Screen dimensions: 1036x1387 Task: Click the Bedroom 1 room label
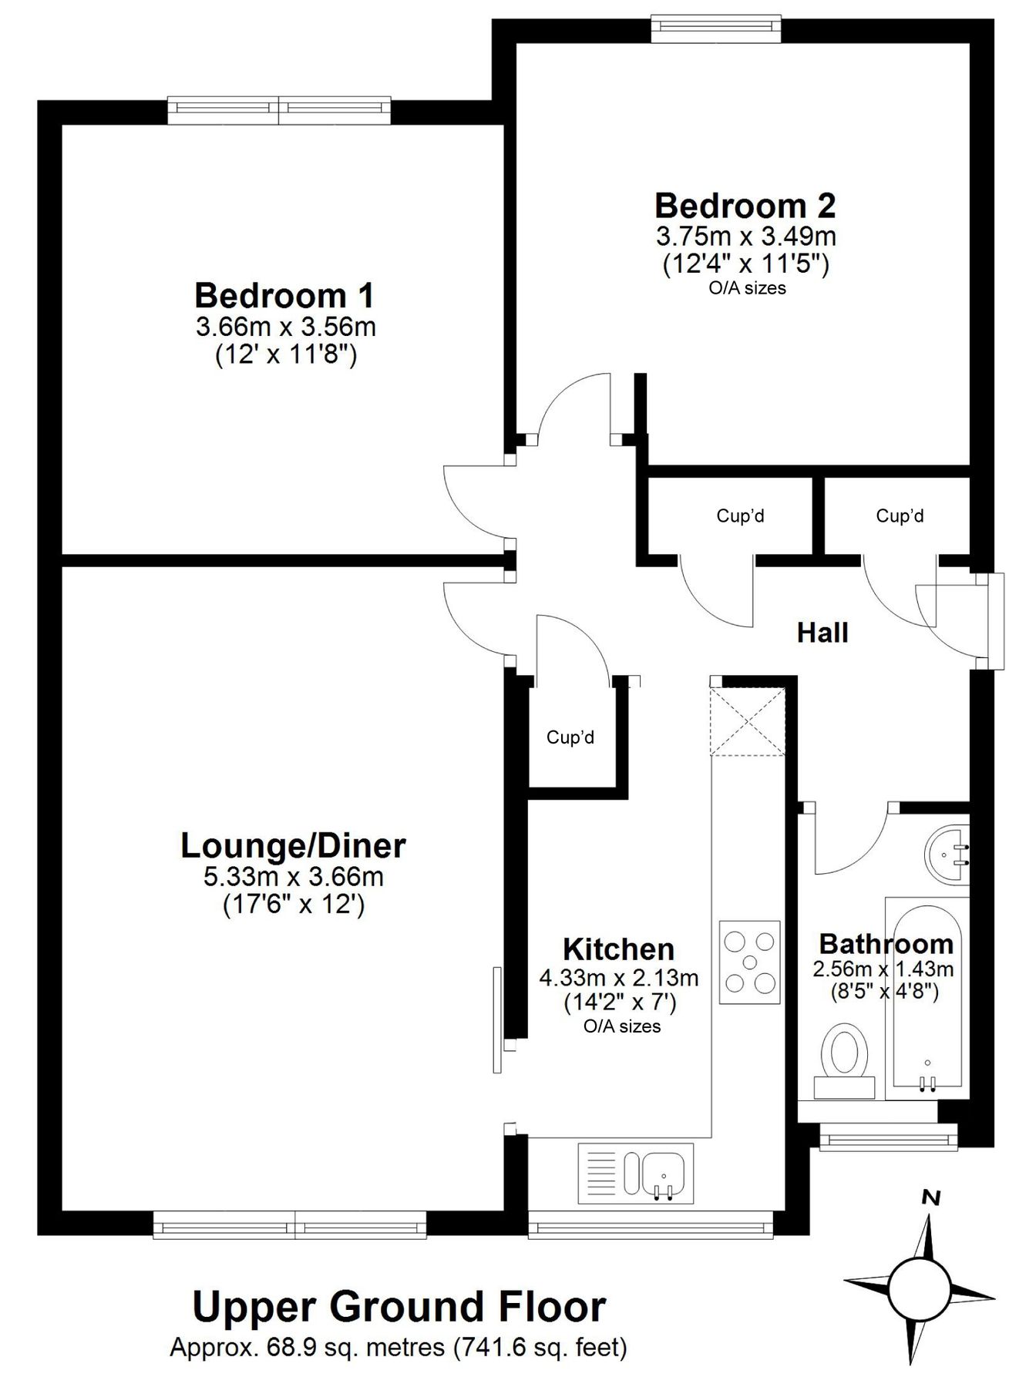(x=284, y=296)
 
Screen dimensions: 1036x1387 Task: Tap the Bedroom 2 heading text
(x=745, y=206)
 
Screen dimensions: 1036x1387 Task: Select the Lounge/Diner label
(x=293, y=846)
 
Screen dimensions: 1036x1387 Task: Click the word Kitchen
(x=618, y=949)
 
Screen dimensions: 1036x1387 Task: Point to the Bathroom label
(x=886, y=944)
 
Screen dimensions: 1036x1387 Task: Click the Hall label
(x=822, y=633)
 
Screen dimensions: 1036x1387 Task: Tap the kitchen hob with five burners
(x=749, y=962)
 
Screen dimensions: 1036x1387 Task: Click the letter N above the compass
(x=932, y=1197)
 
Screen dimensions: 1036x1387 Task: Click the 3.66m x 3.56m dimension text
(x=286, y=327)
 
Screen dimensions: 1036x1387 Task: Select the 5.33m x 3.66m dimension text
(x=293, y=876)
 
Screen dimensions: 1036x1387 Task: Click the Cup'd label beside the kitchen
(x=570, y=737)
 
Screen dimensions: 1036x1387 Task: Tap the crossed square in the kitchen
(x=748, y=721)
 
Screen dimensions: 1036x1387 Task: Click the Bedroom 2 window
(x=715, y=29)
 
